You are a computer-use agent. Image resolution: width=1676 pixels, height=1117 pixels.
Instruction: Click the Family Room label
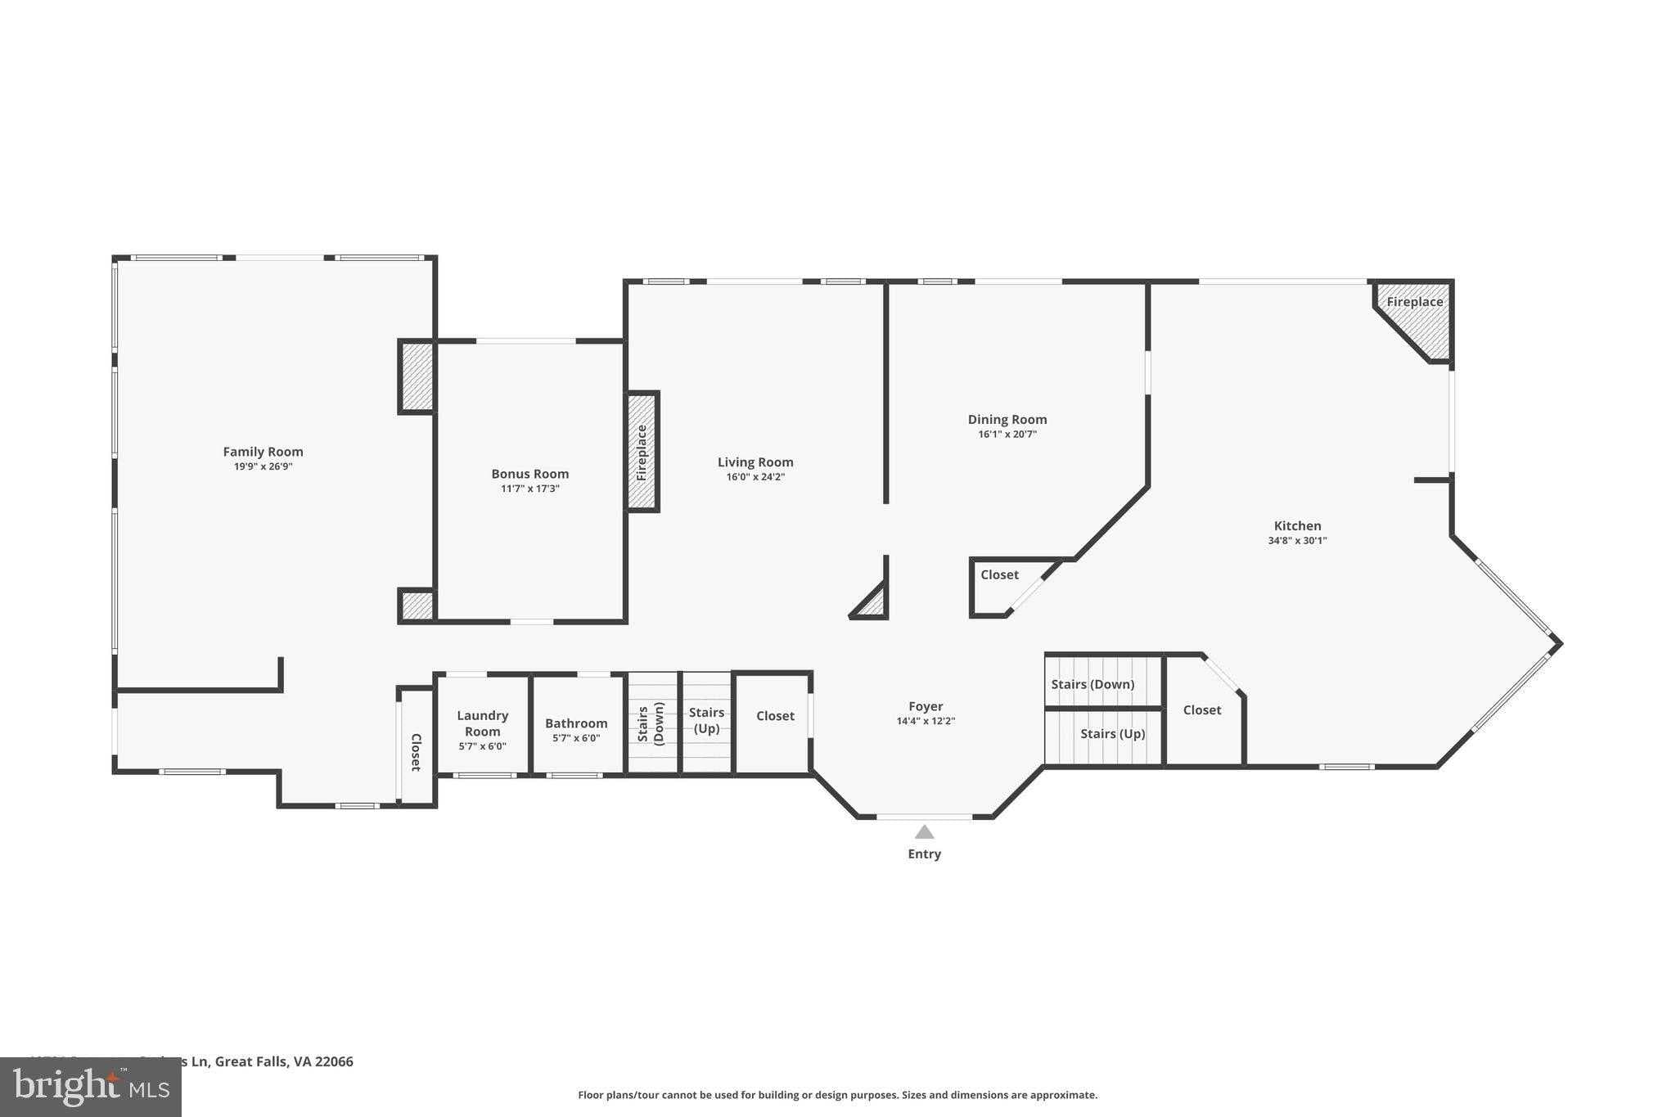(x=263, y=452)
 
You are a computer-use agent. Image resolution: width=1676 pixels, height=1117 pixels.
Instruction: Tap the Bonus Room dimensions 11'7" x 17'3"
(x=529, y=489)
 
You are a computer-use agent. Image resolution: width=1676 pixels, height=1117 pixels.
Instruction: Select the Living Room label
(x=755, y=462)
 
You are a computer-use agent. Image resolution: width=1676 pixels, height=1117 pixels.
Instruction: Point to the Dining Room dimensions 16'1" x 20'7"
(x=1007, y=435)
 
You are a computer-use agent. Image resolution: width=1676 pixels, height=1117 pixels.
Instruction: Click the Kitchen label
(x=1297, y=526)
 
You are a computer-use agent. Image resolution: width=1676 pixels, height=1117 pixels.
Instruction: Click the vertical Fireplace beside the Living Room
(x=642, y=452)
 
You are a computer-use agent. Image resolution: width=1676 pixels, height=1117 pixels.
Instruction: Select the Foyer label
(x=926, y=706)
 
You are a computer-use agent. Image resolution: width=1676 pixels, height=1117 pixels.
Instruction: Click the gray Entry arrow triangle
(x=924, y=832)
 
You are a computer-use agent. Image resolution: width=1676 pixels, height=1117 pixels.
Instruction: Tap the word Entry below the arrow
(x=924, y=854)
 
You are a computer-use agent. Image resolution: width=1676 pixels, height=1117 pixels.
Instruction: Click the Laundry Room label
(x=482, y=723)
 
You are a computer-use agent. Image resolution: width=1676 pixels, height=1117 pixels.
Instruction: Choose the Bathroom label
(x=576, y=723)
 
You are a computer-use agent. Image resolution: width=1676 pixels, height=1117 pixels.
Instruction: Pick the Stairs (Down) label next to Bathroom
(x=651, y=723)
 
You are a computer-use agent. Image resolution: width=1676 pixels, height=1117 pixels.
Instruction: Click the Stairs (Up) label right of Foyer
(x=1112, y=734)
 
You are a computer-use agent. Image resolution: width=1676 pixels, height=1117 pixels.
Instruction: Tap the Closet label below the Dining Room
(x=999, y=575)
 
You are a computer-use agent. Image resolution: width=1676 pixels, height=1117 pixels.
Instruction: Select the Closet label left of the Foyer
(x=775, y=716)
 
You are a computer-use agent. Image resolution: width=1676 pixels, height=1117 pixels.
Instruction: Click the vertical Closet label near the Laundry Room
(x=416, y=752)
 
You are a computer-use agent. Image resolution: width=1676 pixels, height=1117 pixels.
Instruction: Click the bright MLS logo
(x=91, y=1087)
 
